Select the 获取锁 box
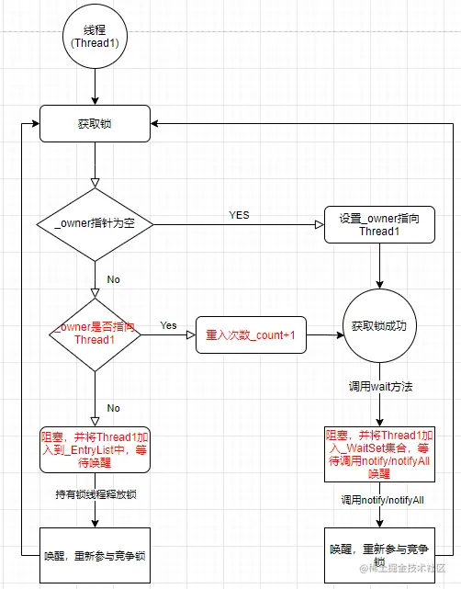coord(96,124)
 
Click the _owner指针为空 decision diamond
coord(95,223)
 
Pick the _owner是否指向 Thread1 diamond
coord(95,334)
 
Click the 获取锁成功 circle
coord(380,326)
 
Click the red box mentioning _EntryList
coord(95,447)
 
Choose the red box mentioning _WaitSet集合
coord(380,452)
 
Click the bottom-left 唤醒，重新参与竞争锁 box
coord(95,555)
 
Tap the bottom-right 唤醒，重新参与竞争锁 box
coord(380,555)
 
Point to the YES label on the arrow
coord(239,215)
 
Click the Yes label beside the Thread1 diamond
coord(169,325)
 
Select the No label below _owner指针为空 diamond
coord(113,279)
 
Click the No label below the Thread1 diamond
coord(113,406)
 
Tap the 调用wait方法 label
coord(380,387)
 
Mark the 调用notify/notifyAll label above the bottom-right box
coord(380,499)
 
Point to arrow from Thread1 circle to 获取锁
coord(96,87)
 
